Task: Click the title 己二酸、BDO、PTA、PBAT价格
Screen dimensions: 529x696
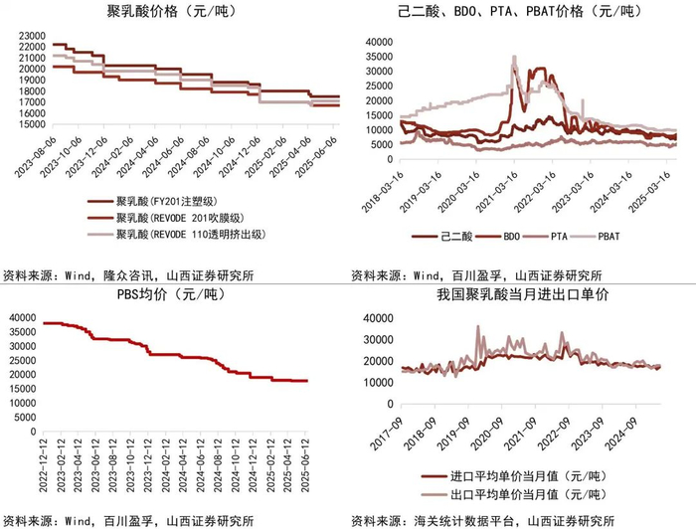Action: (x=513, y=12)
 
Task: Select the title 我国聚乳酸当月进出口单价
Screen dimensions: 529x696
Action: (x=522, y=294)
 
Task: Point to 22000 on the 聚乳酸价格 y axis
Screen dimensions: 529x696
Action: (x=29, y=46)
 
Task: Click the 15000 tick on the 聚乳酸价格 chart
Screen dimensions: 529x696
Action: (x=29, y=124)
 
